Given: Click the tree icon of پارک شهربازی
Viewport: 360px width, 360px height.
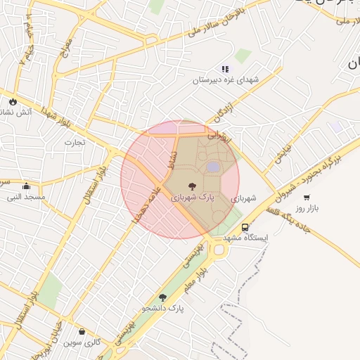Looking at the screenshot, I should coord(193,186).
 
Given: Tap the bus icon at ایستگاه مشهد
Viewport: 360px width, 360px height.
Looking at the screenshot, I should coord(245,227).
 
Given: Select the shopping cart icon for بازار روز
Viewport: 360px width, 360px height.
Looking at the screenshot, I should coord(307,198).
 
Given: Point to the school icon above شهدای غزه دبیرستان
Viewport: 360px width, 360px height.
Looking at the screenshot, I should coord(225,69).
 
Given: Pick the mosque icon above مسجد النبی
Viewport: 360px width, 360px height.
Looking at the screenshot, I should coord(26,186).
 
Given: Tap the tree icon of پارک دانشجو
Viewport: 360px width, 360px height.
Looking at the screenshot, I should coord(163,297).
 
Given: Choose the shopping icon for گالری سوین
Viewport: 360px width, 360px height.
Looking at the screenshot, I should coord(82,332).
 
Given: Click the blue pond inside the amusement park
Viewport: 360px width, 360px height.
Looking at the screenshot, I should coord(212,167).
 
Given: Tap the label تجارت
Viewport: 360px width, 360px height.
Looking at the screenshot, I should coord(75,142).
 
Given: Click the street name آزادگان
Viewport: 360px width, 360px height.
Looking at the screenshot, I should coord(223,112).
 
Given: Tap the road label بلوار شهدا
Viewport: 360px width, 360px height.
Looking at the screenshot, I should coord(56,115).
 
